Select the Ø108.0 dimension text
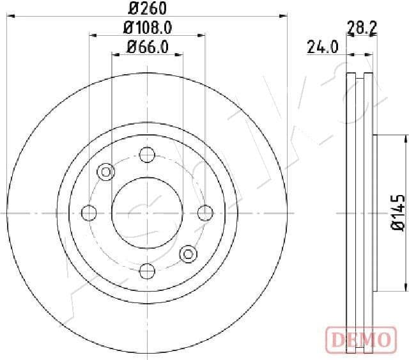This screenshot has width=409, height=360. (x=148, y=27)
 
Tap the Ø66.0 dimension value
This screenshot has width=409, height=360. (x=148, y=46)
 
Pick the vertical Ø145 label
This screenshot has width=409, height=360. (x=397, y=212)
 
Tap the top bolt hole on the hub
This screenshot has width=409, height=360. (x=147, y=155)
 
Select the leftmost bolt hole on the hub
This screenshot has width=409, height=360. (x=90, y=212)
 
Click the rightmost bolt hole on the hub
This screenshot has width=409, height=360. (x=204, y=212)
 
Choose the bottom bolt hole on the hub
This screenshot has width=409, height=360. (x=147, y=270)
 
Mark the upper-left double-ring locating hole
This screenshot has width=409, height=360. (x=106, y=171)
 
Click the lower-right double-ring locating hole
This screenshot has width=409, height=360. (x=188, y=254)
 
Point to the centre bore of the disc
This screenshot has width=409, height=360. (x=147, y=212)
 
